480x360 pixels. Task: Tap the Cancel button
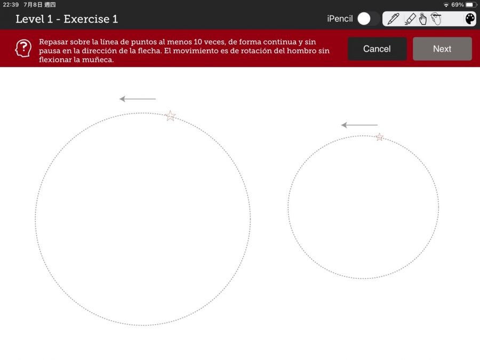click(x=377, y=49)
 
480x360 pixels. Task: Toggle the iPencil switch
click(x=368, y=19)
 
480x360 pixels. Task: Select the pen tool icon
click(x=394, y=19)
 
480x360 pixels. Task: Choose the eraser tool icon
click(x=410, y=19)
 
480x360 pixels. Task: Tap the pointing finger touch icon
click(x=423, y=19)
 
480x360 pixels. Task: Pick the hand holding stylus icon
click(x=436, y=19)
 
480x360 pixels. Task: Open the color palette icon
click(x=470, y=19)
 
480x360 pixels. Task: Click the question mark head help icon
click(x=23, y=48)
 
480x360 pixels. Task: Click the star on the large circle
click(x=170, y=116)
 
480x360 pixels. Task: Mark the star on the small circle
click(x=379, y=137)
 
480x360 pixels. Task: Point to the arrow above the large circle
click(x=138, y=99)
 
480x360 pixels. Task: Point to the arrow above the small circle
click(x=359, y=125)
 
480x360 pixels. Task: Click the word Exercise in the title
click(x=86, y=19)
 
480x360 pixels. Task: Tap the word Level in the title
click(x=30, y=19)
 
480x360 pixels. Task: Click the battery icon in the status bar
click(x=471, y=5)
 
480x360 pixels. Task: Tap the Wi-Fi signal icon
click(x=446, y=5)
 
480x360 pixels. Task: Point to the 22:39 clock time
click(x=11, y=5)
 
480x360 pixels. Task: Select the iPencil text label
click(x=340, y=19)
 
